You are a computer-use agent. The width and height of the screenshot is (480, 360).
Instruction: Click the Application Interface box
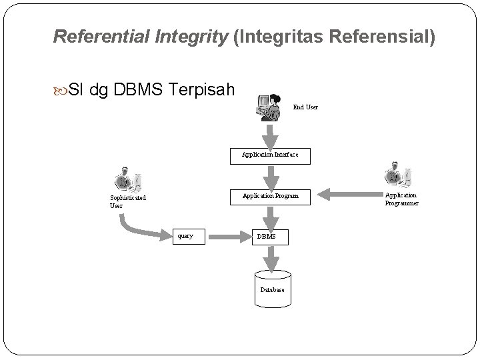tap(271, 155)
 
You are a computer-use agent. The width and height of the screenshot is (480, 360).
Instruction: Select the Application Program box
tap(271, 196)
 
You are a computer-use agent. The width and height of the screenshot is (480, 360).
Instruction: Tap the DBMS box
tap(271, 236)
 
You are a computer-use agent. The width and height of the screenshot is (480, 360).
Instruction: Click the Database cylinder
tap(272, 288)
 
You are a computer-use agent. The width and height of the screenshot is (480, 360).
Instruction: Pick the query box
tap(186, 235)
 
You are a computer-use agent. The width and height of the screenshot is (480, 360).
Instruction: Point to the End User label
tap(305, 107)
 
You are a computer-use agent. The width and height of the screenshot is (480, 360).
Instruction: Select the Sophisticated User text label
tap(128, 201)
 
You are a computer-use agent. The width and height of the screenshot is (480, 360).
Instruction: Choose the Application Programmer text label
tap(401, 199)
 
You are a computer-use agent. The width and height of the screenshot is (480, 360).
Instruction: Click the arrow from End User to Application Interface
tap(271, 137)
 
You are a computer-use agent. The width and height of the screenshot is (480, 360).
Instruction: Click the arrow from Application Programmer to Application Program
tap(347, 195)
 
